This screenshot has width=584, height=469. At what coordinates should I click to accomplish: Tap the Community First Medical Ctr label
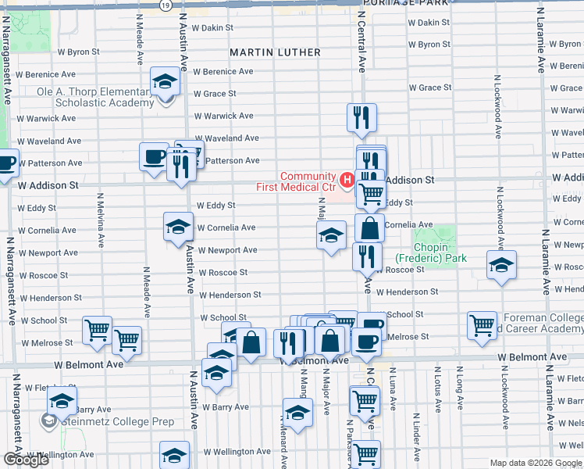(x=297, y=181)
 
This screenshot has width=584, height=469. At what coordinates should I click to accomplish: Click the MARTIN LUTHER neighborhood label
(x=275, y=52)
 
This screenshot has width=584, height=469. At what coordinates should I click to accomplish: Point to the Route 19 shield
(x=166, y=5)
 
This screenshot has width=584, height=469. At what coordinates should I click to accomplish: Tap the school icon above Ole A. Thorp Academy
(x=165, y=81)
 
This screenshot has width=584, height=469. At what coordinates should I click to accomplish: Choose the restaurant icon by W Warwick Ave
(x=361, y=117)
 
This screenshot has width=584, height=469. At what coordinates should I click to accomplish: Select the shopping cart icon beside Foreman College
(x=482, y=324)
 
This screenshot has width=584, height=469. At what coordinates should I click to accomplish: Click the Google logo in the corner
(x=26, y=460)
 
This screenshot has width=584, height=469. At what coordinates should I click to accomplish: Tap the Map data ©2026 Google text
(x=536, y=463)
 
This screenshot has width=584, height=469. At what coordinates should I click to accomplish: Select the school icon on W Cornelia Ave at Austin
(x=178, y=227)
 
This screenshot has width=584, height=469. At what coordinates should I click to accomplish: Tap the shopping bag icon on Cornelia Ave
(x=369, y=228)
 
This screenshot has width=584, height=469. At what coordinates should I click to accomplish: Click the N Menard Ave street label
(x=284, y=449)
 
